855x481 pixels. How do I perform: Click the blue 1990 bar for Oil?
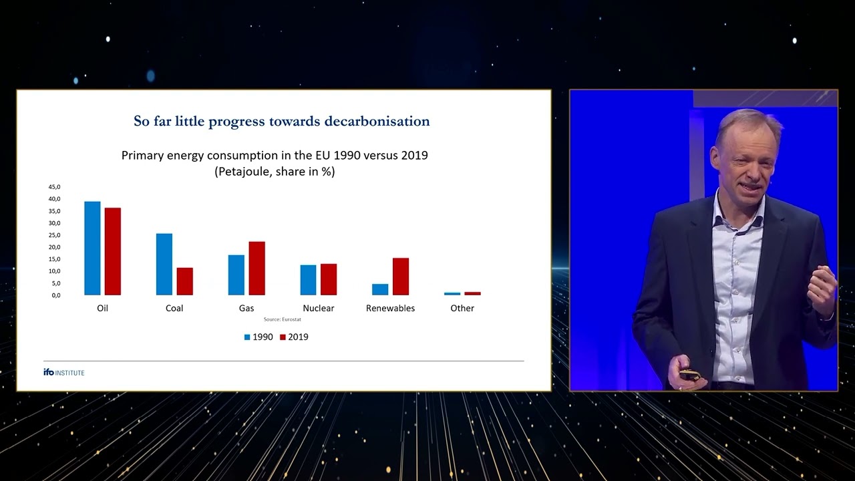pyautogui.click(x=92, y=248)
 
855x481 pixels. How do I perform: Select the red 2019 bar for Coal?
pyautogui.click(x=185, y=281)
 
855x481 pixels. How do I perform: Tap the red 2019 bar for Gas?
pyautogui.click(x=256, y=268)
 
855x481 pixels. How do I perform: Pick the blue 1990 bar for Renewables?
pyautogui.click(x=380, y=289)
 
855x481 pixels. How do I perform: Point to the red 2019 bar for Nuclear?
pyautogui.click(x=329, y=279)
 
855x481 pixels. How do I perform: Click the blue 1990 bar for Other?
pyautogui.click(x=452, y=293)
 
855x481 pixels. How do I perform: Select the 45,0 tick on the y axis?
pyautogui.click(x=54, y=187)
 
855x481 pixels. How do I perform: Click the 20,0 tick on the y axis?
pyautogui.click(x=54, y=247)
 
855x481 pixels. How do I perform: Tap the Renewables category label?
pyautogui.click(x=390, y=308)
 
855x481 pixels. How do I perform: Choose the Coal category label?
pyautogui.click(x=174, y=308)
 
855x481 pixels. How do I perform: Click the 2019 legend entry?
pyautogui.click(x=294, y=337)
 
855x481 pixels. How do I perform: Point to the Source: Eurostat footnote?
pyautogui.click(x=282, y=320)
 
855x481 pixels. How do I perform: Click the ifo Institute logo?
pyautogui.click(x=64, y=372)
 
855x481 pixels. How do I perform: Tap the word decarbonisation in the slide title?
pyautogui.click(x=377, y=121)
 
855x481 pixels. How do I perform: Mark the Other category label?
pyautogui.click(x=462, y=308)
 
